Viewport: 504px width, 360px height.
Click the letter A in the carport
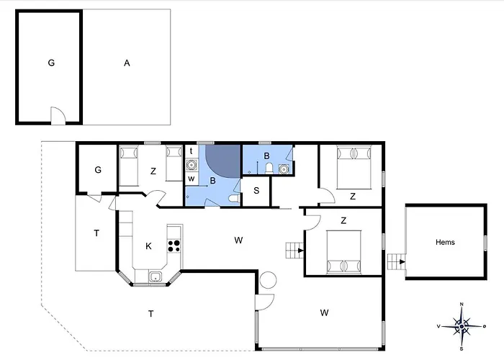(127, 63)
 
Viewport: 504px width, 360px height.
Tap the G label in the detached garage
(51, 63)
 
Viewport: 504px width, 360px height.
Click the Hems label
(445, 243)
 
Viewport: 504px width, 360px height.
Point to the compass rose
(462, 326)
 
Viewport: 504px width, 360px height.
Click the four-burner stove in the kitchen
(174, 245)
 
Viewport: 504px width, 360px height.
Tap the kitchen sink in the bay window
(155, 276)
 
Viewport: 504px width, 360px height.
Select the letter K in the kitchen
(148, 246)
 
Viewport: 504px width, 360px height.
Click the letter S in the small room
(256, 192)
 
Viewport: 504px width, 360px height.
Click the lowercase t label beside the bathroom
(191, 151)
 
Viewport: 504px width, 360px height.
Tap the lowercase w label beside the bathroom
(191, 177)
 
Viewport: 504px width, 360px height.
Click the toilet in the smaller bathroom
(269, 168)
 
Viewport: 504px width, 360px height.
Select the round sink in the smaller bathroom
(284, 169)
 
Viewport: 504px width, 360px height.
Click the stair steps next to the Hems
(395, 259)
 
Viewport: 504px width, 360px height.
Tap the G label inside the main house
(97, 171)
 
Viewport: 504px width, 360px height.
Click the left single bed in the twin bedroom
(130, 163)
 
